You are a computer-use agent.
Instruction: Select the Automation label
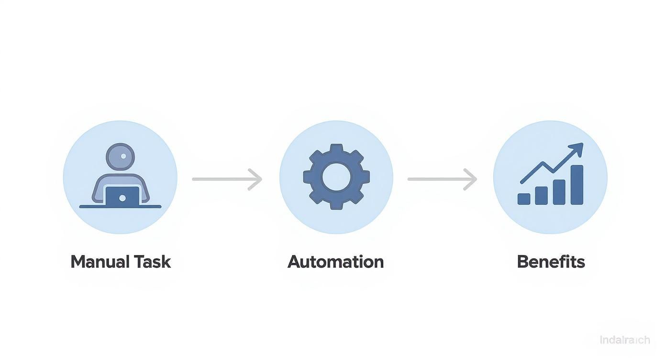[335, 262]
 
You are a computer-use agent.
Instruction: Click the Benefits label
[551, 262]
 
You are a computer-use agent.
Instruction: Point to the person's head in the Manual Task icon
[120, 157]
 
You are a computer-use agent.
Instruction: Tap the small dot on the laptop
[122, 198]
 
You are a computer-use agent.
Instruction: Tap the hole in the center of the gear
[336, 176]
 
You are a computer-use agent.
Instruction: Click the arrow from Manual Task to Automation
[226, 179]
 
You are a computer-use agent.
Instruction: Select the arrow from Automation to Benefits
[442, 179]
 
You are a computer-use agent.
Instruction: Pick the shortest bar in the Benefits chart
[524, 199]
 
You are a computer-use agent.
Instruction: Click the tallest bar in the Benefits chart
[577, 185]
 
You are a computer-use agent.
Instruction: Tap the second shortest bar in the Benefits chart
[541, 195]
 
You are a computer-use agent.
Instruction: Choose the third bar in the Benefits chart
[559, 191]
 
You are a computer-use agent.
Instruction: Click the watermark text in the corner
[624, 340]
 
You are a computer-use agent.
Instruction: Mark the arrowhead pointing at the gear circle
[256, 179]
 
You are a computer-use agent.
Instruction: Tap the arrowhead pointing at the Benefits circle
[471, 179]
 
